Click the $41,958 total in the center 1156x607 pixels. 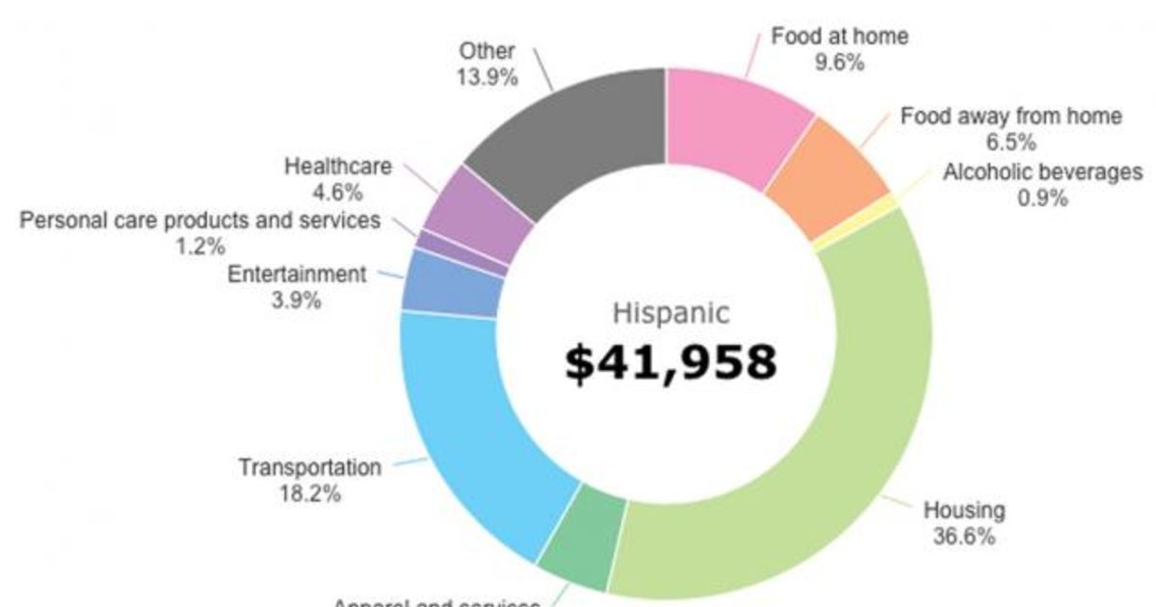[670, 362]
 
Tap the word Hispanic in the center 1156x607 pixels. [671, 313]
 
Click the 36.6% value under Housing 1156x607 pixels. [963, 537]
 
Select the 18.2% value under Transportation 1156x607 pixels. [309, 493]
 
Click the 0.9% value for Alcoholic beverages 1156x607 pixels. [1042, 198]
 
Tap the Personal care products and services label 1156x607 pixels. [200, 221]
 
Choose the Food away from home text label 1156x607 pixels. [1011, 117]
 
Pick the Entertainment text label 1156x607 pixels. [297, 275]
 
